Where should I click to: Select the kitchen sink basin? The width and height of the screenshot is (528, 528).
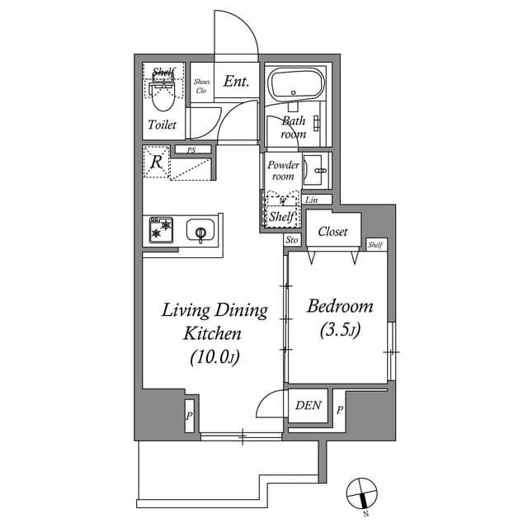click(x=200, y=230)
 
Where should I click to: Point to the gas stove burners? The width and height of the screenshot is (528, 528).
click(x=162, y=229)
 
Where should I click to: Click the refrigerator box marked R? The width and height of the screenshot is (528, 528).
click(x=155, y=162)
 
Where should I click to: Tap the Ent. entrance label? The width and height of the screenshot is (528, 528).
click(x=236, y=82)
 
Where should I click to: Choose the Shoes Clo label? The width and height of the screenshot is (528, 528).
click(x=202, y=86)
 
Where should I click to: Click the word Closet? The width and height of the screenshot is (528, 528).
click(x=332, y=232)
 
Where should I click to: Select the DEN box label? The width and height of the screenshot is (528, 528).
click(x=309, y=406)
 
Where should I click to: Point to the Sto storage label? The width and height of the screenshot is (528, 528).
click(x=291, y=240)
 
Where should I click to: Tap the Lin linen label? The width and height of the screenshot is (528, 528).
click(x=312, y=200)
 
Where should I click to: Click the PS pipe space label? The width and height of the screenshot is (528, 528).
click(x=191, y=150)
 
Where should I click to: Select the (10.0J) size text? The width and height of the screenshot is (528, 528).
click(x=214, y=357)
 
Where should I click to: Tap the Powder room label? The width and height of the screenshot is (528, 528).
click(x=282, y=171)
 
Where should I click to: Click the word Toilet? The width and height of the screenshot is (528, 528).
click(x=162, y=125)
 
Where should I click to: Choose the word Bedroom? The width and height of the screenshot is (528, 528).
click(x=339, y=307)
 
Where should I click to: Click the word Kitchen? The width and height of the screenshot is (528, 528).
click(x=212, y=334)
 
